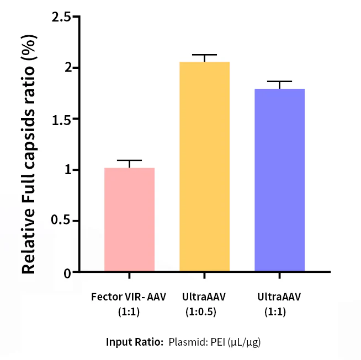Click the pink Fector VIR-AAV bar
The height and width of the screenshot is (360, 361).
[x=129, y=219]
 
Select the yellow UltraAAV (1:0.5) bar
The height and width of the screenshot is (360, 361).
[x=204, y=166]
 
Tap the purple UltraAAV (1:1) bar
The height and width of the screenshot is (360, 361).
[x=279, y=180]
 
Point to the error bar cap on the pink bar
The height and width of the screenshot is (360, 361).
[x=129, y=160]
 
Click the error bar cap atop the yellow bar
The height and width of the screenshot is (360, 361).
[x=204, y=55]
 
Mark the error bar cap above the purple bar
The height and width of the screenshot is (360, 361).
[x=279, y=82]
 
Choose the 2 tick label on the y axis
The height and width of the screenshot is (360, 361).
[x=67, y=68]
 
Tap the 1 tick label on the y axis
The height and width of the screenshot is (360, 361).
[x=67, y=170]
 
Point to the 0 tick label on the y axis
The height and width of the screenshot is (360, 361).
[x=67, y=272]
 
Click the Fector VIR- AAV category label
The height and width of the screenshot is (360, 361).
[x=129, y=297]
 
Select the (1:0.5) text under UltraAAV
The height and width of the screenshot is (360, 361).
[x=204, y=311]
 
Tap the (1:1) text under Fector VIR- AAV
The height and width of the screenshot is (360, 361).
[x=129, y=311]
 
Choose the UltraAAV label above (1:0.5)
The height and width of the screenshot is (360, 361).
[x=204, y=297]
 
